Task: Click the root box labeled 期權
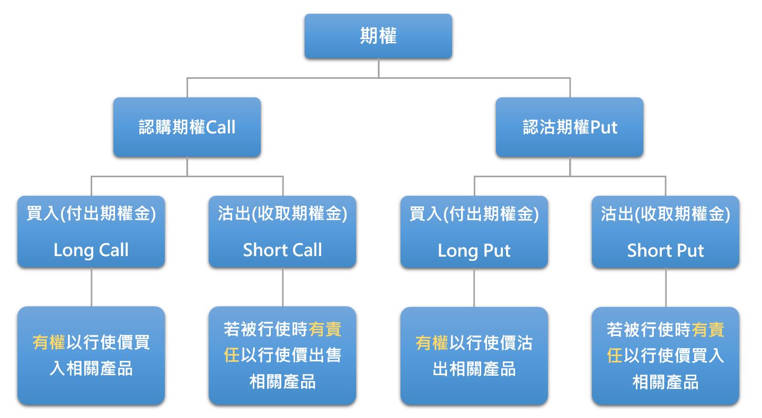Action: (x=378, y=36)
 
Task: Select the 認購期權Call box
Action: (x=187, y=127)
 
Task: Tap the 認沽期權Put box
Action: (x=570, y=127)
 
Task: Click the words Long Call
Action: (x=91, y=251)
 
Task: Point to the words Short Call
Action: (x=282, y=250)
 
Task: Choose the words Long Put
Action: (x=474, y=251)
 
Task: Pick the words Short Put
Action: (x=666, y=251)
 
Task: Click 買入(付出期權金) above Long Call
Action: (x=91, y=214)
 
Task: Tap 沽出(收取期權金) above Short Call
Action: (x=282, y=214)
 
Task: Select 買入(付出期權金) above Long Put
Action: (x=474, y=214)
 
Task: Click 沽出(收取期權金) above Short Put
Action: (x=666, y=214)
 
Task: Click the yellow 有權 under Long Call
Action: (x=49, y=342)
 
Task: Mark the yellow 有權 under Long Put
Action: (x=432, y=343)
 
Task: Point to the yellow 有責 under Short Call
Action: (x=325, y=330)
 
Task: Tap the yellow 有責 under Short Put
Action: (x=708, y=330)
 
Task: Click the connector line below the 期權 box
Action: (x=379, y=68)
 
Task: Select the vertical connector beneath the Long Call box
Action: (x=92, y=287)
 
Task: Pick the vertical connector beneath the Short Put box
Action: (x=666, y=288)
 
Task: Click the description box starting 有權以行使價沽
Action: (x=474, y=356)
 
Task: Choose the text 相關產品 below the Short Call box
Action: (x=282, y=382)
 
